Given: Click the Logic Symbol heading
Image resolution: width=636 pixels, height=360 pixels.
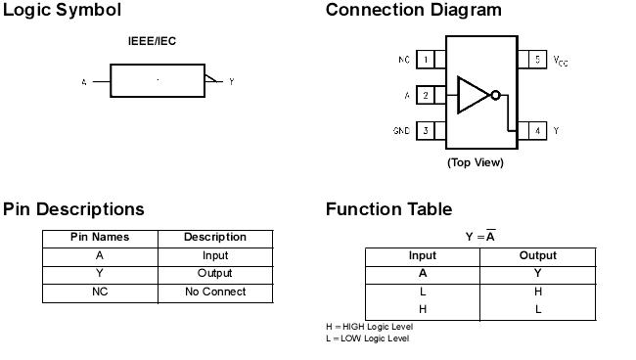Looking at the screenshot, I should [62, 11].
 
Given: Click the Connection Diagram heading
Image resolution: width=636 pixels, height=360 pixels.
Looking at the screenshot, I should [413, 11].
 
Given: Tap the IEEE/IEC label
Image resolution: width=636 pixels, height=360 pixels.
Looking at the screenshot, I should [153, 41].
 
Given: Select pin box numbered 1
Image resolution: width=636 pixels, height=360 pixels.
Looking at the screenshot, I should [427, 60].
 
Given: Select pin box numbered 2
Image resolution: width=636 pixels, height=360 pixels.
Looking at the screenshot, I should [427, 96].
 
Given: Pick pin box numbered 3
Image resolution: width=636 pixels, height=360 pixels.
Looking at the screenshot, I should [427, 130].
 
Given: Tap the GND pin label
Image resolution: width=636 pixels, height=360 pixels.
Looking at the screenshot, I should [401, 130].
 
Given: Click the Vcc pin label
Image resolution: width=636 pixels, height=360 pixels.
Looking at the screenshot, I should [561, 61].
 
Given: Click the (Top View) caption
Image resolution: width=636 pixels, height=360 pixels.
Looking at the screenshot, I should [475, 162].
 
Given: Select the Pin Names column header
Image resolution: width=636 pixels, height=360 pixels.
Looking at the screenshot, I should [99, 238].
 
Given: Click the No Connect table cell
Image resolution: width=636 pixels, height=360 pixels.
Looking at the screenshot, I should [214, 292].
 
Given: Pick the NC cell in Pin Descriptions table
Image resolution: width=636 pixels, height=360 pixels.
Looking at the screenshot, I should [99, 292].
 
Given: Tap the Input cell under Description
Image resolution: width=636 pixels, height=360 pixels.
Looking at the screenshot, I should [214, 256].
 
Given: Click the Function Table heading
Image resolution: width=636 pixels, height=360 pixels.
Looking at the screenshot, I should [388, 209].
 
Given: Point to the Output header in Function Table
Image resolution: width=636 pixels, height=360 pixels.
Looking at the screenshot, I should [537, 256].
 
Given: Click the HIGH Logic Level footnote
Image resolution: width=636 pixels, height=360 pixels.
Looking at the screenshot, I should [369, 326].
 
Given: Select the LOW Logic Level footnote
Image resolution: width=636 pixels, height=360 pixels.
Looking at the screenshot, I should [367, 338].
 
